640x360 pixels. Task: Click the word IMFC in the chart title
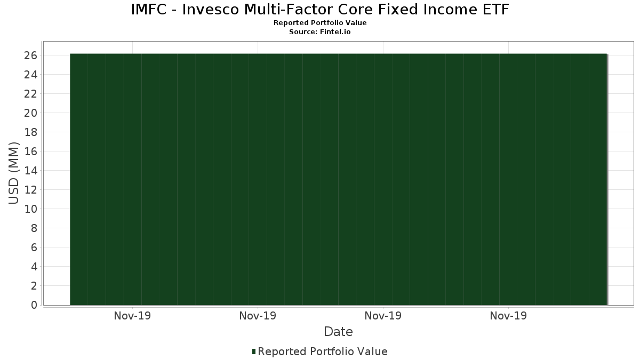click(x=149, y=10)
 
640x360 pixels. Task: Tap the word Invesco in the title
click(x=211, y=10)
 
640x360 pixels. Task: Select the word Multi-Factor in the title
click(x=289, y=10)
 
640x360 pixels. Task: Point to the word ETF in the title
click(x=496, y=10)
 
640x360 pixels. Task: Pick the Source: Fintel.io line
click(x=319, y=31)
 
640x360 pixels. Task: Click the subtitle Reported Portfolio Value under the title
click(x=320, y=23)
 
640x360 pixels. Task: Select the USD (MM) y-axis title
click(x=13, y=173)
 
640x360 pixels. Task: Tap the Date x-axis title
click(x=338, y=332)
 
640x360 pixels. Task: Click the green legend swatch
click(x=254, y=351)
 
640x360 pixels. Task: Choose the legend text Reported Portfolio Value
click(x=323, y=351)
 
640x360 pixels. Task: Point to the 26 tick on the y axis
click(x=31, y=55)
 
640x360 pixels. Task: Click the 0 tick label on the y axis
click(x=34, y=305)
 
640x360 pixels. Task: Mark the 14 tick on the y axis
click(x=31, y=171)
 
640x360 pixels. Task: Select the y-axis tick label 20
click(x=31, y=113)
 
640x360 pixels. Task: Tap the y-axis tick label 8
click(x=34, y=228)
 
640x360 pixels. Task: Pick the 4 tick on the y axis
click(x=34, y=267)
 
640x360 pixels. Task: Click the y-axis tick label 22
click(x=31, y=94)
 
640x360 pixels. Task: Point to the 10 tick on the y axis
click(x=31, y=209)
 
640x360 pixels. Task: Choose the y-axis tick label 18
click(x=31, y=132)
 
